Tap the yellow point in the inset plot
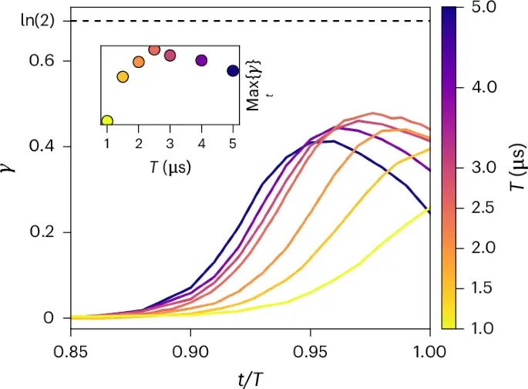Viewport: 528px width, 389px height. click(107, 120)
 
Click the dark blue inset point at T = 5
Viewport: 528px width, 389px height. click(233, 71)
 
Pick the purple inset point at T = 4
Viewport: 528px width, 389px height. click(201, 60)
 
